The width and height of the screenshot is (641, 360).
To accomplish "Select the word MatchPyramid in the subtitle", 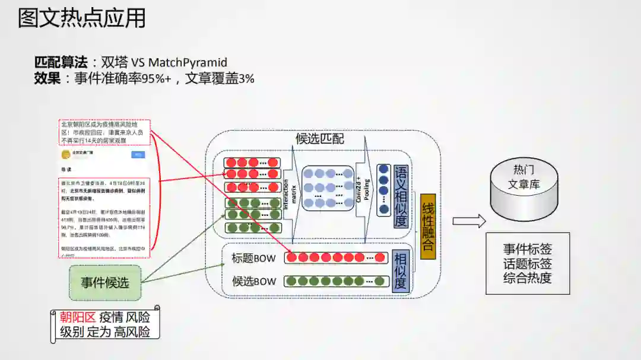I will coord(188,62).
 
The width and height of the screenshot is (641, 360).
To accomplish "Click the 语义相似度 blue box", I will coord(401,196).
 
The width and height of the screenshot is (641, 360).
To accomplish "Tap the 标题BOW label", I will coord(253,258).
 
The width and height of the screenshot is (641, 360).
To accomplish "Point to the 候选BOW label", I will coord(253,281).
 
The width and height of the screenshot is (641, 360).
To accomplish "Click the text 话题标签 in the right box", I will coord(528,263).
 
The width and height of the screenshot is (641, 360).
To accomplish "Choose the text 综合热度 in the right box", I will coord(528,278).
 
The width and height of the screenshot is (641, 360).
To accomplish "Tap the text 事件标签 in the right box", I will coord(528,249).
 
